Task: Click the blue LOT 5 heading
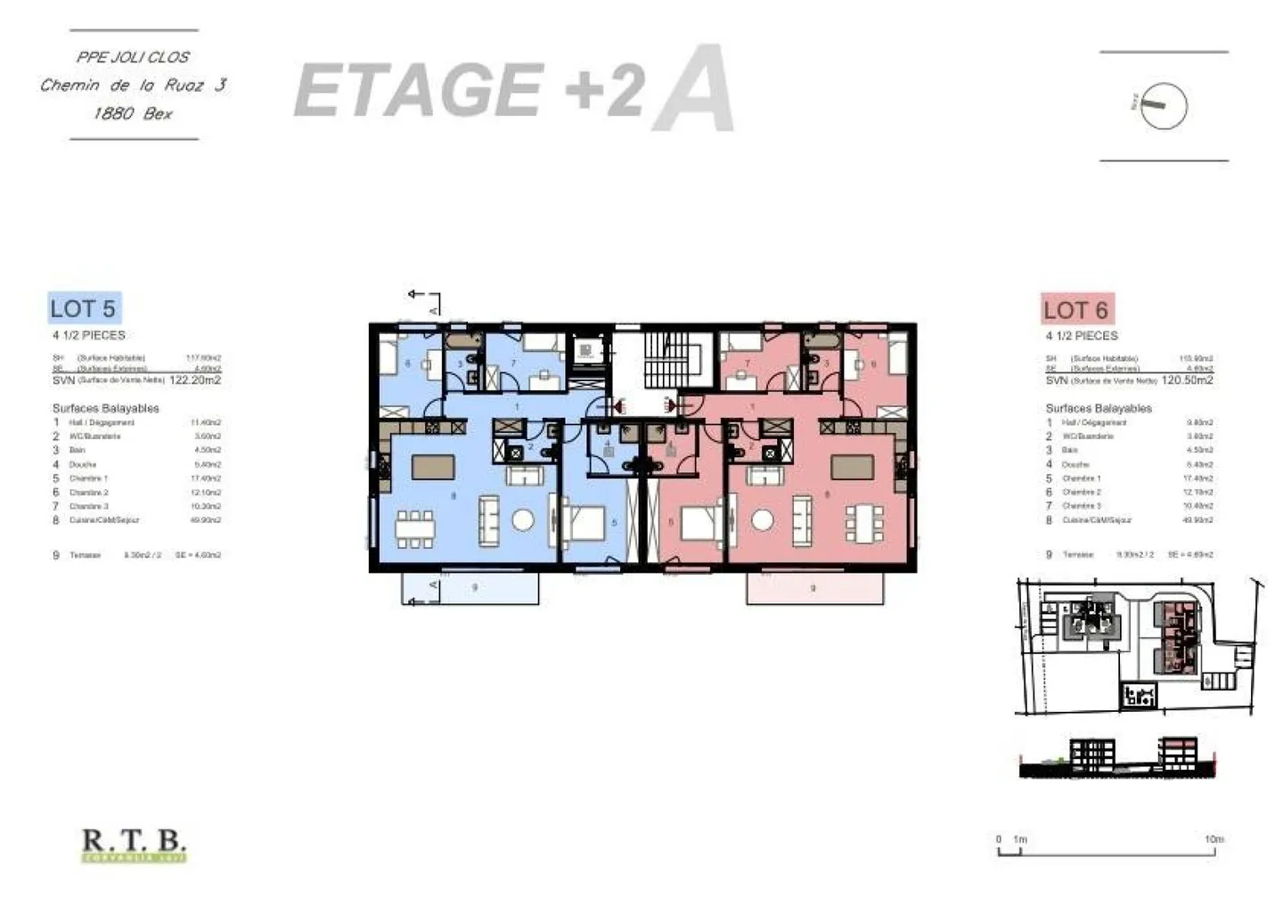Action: click(83, 308)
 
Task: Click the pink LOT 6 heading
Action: click(1076, 310)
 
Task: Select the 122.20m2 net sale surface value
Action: click(195, 380)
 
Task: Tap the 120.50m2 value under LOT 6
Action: click(1188, 380)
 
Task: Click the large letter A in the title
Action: click(693, 90)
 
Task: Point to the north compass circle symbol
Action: click(1164, 105)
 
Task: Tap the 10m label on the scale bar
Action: click(1214, 839)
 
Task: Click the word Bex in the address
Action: click(158, 114)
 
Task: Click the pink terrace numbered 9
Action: click(814, 588)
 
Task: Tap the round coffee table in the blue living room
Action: click(523, 520)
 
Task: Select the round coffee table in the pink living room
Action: click(762, 520)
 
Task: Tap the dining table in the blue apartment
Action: click(416, 527)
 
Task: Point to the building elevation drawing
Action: click(1115, 757)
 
